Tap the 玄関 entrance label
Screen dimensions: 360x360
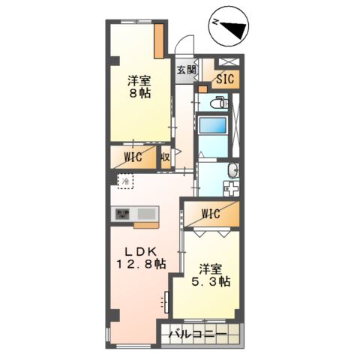click(x=186, y=70)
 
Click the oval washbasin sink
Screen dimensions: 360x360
click(x=233, y=169)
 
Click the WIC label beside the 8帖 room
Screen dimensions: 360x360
click(x=133, y=158)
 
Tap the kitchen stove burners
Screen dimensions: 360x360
click(x=123, y=214)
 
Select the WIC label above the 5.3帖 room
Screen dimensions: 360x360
click(x=211, y=214)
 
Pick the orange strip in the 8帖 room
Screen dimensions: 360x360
click(x=160, y=40)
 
